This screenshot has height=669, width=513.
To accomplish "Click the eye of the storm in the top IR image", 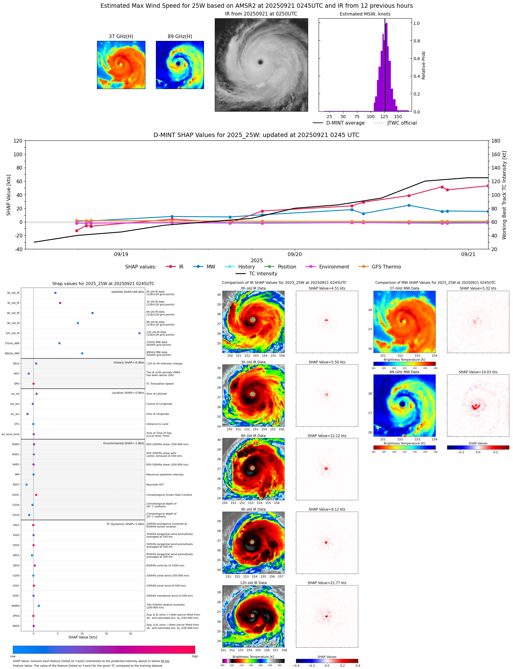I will point(260,62).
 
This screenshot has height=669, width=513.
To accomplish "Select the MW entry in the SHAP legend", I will point(210,267).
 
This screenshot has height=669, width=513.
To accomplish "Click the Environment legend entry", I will point(334,267).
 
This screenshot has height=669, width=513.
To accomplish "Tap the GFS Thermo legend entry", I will point(386,267).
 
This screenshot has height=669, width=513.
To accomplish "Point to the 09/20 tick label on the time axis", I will point(294,254).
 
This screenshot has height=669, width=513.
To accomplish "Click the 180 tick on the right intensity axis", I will point(496,141).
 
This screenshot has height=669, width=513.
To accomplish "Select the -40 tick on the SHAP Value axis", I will point(18,249).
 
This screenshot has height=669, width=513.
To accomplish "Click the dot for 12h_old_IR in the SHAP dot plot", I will point(139,333).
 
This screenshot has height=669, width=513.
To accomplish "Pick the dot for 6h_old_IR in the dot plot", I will point(92,313).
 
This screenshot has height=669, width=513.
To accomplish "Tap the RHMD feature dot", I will point(39,606).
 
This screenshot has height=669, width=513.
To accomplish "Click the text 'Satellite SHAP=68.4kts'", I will point(127,292).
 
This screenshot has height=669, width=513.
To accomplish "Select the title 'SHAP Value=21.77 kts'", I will point(327,583).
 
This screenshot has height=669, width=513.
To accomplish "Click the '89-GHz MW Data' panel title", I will point(404,372).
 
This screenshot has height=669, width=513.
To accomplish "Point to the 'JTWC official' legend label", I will point(402,123).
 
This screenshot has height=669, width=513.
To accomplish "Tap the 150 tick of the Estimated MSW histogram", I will point(398,117).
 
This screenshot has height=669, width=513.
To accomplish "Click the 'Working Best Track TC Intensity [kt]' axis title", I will point(504,195).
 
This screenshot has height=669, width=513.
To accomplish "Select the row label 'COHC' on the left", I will point(15,495).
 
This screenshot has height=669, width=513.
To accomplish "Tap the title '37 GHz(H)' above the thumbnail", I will point(121,37).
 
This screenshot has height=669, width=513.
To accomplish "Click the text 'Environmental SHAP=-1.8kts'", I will point(123,443).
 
